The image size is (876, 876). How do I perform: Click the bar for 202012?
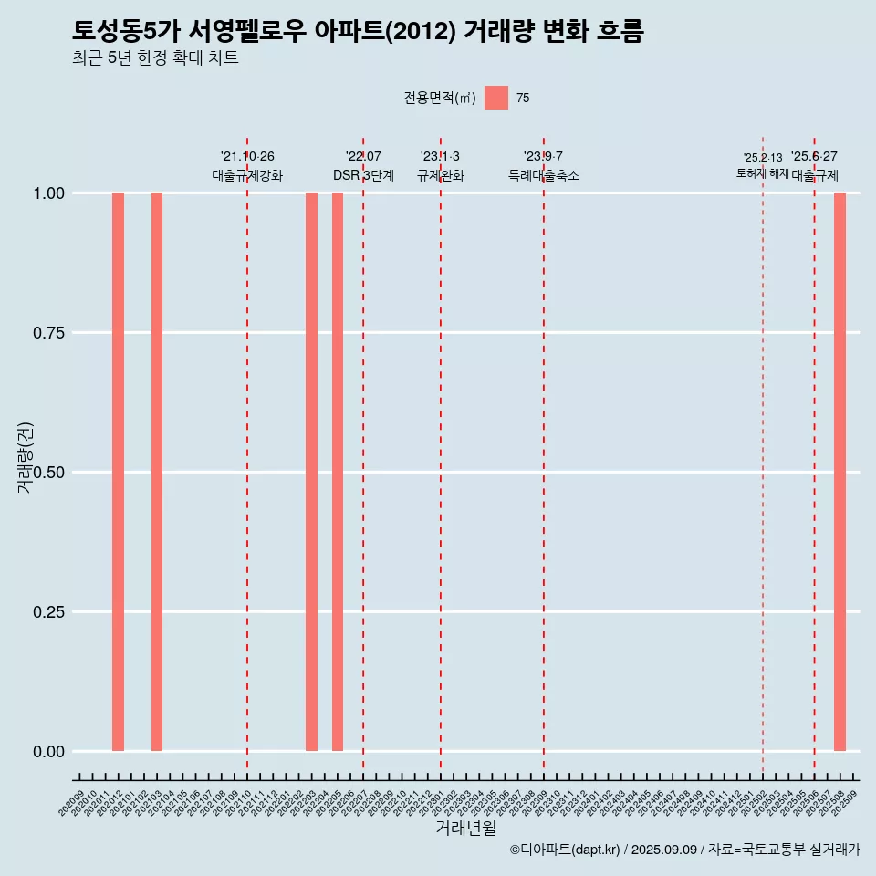coord(118,472)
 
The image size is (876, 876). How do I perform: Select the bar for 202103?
coord(157,472)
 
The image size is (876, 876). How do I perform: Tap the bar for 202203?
coord(311,472)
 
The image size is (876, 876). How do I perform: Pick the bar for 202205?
coord(338,472)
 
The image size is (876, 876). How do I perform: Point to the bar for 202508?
coord(839,472)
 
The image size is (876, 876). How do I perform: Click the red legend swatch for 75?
coord(496,98)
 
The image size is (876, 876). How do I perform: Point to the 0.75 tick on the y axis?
coord(47,333)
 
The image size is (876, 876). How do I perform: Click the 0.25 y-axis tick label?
coord(47,612)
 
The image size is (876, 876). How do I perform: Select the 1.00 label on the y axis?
coord(47,193)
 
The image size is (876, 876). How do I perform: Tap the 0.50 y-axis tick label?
coord(47,473)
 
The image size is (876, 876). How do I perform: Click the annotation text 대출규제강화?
coord(247,175)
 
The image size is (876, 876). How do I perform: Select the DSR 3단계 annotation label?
coord(363,175)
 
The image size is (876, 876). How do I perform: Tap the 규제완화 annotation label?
coord(441,175)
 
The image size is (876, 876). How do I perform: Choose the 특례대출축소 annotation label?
coord(544,175)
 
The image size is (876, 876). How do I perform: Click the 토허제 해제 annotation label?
coord(763,173)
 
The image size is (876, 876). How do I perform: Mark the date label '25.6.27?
coord(814,157)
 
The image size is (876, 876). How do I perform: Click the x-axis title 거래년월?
coord(465,829)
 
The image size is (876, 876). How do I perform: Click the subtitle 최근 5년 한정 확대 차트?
coord(155,59)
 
